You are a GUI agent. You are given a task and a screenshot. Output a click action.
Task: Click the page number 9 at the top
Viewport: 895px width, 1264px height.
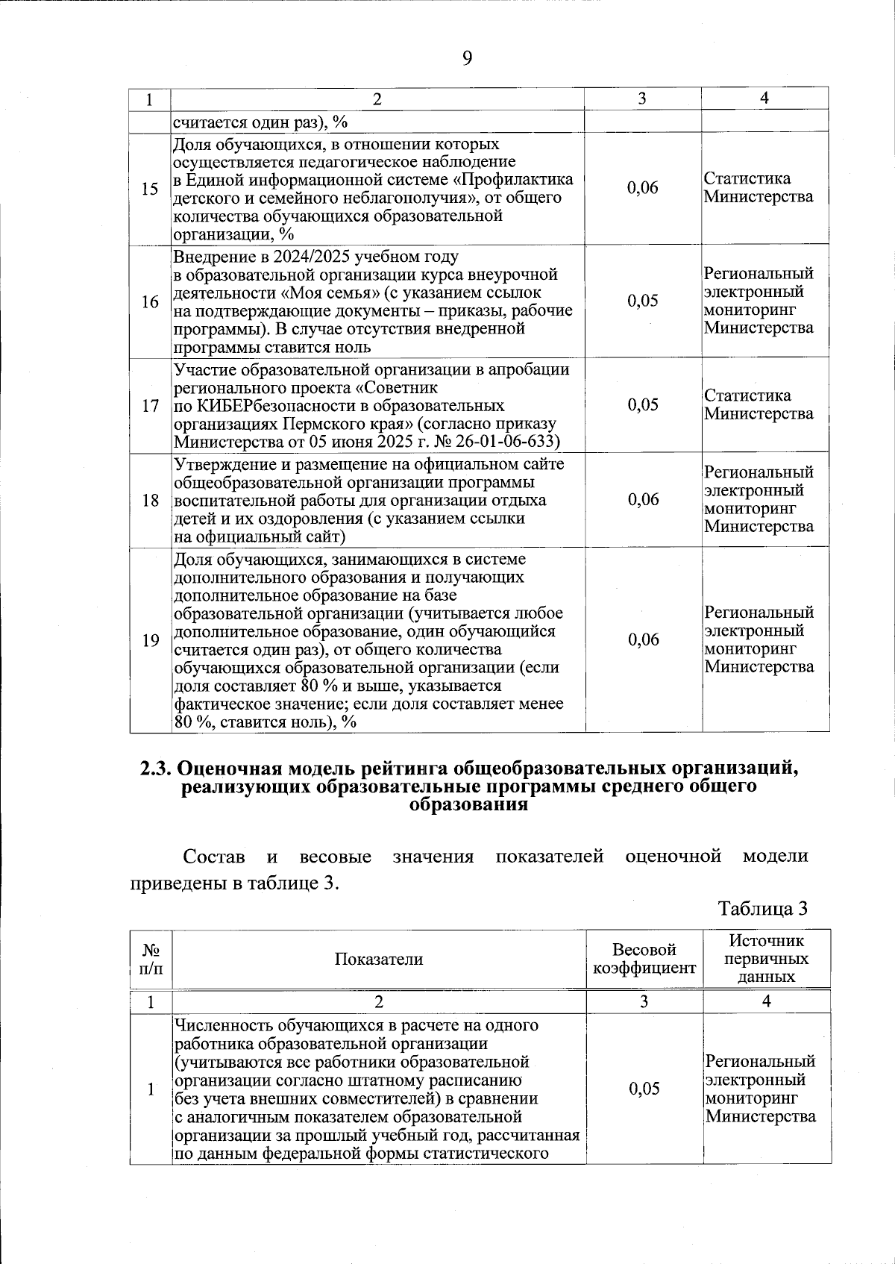point(467,58)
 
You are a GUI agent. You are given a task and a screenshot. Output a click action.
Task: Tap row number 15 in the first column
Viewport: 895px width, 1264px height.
point(150,189)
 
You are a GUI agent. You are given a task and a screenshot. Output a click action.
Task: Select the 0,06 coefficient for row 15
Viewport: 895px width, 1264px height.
point(643,188)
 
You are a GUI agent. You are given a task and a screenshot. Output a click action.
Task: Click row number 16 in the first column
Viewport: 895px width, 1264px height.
point(150,301)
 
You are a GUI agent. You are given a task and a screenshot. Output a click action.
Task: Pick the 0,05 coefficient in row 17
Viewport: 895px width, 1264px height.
point(643,404)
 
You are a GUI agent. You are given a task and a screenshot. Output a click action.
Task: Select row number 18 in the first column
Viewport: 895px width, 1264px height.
point(150,500)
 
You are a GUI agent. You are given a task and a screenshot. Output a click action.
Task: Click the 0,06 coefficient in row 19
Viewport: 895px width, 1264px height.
point(643,639)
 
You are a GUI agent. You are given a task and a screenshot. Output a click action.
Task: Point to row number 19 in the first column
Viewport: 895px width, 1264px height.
point(150,640)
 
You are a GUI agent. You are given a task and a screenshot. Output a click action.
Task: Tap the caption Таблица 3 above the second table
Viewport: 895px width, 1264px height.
point(762,909)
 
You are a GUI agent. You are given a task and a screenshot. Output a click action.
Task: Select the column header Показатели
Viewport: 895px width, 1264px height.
point(378,960)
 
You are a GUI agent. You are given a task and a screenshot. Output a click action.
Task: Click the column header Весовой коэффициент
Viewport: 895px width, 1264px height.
point(644,959)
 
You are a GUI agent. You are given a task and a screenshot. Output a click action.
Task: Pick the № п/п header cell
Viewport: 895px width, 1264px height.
point(151,959)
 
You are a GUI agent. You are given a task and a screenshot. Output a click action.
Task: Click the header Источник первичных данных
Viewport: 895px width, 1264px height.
point(766,959)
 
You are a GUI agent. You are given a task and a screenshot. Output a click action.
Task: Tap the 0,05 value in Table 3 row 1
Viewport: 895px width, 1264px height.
point(644,1089)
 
